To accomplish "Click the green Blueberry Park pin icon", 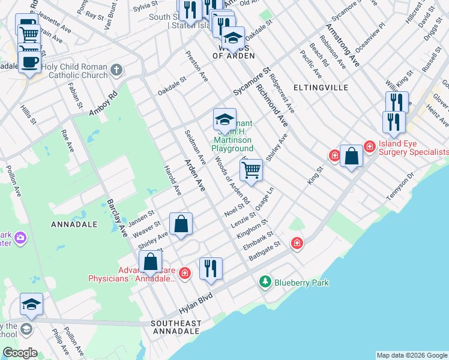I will pyautogui.click(x=265, y=281).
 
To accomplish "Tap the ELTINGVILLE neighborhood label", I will pyautogui.click(x=321, y=88).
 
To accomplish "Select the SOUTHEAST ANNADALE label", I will pyautogui.click(x=176, y=327).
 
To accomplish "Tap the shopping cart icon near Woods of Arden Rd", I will pyautogui.click(x=252, y=170).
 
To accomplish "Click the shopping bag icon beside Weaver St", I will pyautogui.click(x=181, y=224).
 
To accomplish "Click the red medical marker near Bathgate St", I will pyautogui.click(x=297, y=243).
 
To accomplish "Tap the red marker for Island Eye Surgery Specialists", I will pyautogui.click(x=369, y=145).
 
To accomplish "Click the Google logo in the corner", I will pyautogui.click(x=19, y=353).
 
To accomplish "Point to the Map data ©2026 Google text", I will pyautogui.click(x=412, y=355).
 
